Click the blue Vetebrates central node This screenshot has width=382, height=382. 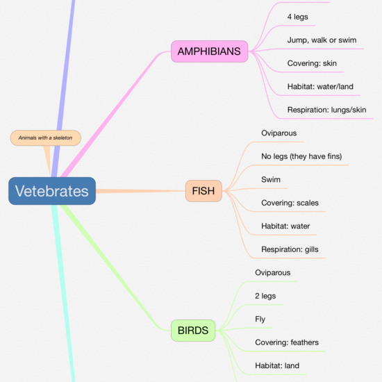pos(52,191)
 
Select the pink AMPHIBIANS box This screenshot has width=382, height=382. pos(210,51)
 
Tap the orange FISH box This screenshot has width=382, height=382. pos(204,190)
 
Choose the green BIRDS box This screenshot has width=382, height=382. pos(192,331)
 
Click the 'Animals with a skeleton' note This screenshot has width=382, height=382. pos(46,138)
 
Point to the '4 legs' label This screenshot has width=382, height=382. pos(297,17)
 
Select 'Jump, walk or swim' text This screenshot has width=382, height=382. pos(322,40)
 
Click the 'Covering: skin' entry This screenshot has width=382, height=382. pos(312,64)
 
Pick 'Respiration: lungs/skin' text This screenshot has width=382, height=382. pos(326,110)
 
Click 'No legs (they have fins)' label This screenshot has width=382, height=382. pos(301,156)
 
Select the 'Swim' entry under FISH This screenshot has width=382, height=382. pos(271,179)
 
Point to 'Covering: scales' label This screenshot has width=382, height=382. pos(290,203)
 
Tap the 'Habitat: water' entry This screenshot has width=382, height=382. pos(285,226)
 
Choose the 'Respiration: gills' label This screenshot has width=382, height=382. pos(290,249)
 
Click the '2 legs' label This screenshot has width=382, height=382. pos(265,296)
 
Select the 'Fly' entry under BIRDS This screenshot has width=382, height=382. pos(260,319)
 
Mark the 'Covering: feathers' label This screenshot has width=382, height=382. pos(287,342)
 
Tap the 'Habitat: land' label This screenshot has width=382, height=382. pos(278,365)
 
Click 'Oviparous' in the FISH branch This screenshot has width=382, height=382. pos(279,133)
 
